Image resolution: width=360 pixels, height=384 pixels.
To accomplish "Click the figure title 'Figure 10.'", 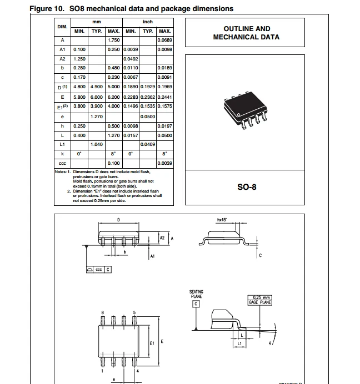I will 48,8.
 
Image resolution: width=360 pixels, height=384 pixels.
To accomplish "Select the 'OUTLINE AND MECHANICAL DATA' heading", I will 247,33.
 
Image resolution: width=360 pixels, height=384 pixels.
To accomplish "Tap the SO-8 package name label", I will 247,187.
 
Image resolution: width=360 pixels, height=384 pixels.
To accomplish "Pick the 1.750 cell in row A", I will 113,41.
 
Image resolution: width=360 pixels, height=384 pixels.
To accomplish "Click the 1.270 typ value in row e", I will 96,117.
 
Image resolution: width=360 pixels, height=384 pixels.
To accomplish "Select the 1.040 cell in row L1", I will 96,144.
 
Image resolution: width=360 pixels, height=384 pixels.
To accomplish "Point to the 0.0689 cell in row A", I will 164,41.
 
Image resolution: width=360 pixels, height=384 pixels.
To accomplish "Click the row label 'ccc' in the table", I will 62,163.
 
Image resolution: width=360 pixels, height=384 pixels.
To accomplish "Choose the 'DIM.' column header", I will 62,27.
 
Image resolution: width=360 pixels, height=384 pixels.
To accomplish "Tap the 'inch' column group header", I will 148,22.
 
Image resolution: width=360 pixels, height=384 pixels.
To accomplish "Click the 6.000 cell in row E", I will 96,98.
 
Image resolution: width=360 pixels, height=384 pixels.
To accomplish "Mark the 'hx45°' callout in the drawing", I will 222,220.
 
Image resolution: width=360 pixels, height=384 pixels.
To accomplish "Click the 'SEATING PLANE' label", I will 196,294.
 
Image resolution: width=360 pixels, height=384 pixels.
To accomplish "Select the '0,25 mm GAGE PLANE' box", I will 259,300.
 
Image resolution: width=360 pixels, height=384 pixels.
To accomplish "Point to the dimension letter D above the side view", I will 119,220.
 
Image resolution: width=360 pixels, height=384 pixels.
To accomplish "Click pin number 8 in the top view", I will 102,313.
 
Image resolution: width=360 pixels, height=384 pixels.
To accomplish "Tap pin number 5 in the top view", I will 134,313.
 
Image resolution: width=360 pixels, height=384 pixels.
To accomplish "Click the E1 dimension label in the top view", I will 152,343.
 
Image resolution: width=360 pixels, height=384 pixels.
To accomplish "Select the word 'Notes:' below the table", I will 61,171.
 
